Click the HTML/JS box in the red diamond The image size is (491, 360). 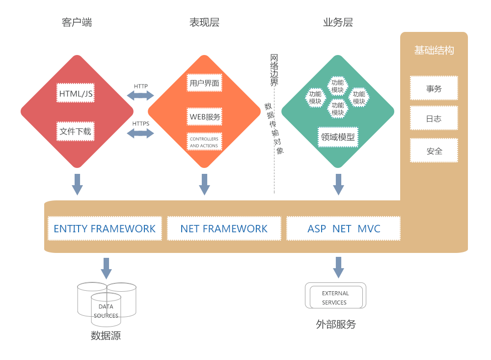[76, 93]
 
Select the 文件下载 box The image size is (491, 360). [76, 131]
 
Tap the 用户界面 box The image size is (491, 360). [204, 83]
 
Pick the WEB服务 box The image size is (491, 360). [204, 117]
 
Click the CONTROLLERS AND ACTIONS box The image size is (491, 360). [204, 142]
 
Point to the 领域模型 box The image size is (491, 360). [337, 137]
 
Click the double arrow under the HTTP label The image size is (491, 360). [141, 95]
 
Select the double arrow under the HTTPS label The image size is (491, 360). [141, 133]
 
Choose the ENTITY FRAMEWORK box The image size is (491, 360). [105, 228]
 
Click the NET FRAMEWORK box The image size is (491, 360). [224, 228]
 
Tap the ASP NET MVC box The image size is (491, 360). [343, 228]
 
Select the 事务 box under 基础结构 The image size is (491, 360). [434, 88]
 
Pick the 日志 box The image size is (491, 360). [434, 118]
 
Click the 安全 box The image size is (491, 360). [434, 151]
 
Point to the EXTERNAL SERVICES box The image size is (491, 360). [335, 296]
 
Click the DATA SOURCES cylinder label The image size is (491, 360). [106, 311]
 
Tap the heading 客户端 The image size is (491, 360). [77, 22]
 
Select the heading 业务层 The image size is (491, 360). [338, 22]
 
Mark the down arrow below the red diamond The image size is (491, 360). [77, 184]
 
